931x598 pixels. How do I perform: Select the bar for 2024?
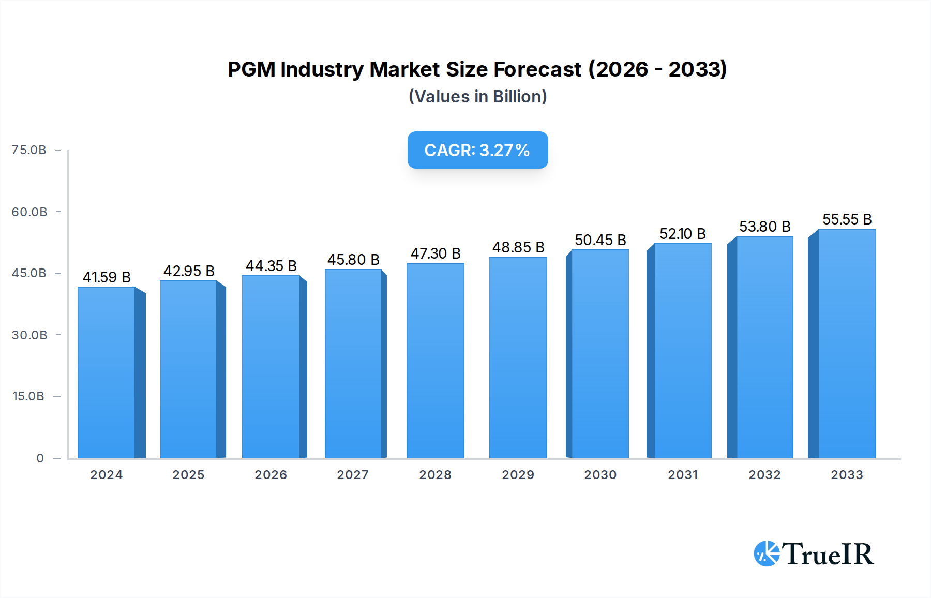[107, 372]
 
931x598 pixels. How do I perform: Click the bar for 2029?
[518, 357]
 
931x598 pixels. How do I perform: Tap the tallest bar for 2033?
[847, 343]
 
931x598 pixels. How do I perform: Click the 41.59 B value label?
[107, 277]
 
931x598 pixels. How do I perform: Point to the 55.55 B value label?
[847, 219]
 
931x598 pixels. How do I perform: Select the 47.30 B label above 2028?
[436, 253]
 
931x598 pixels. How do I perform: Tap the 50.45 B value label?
[600, 240]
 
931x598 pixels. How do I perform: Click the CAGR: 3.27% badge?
[477, 150]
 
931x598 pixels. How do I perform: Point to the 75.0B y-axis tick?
[29, 150]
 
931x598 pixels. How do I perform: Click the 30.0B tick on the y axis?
[29, 335]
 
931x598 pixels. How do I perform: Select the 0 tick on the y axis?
[40, 458]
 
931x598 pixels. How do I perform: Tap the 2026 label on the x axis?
[271, 474]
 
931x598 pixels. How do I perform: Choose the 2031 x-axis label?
[683, 474]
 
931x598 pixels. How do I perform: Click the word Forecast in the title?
[537, 69]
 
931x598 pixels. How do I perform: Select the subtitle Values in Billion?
[477, 97]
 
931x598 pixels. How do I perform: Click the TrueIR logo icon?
[767, 554]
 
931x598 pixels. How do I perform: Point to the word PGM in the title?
[251, 69]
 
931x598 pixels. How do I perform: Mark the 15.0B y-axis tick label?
[28, 396]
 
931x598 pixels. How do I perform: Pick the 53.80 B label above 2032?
[764, 227]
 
